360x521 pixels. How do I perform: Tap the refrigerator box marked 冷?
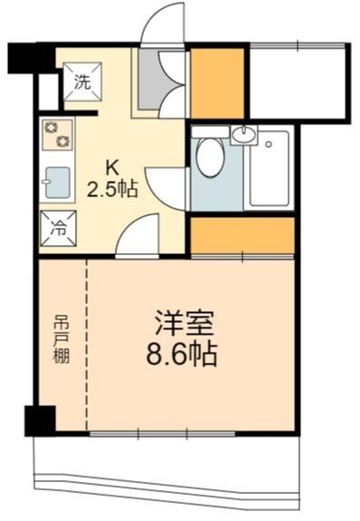coord(55,227)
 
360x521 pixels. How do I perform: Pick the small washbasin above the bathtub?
coord(243,136)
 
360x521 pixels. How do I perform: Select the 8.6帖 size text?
coord(182,353)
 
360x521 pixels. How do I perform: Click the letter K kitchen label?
coord(111,168)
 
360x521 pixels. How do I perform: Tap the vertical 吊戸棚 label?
coord(60,338)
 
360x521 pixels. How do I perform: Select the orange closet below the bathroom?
coord(242,236)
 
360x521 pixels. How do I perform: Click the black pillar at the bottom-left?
coord(40,420)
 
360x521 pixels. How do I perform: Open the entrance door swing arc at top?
coord(163,27)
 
